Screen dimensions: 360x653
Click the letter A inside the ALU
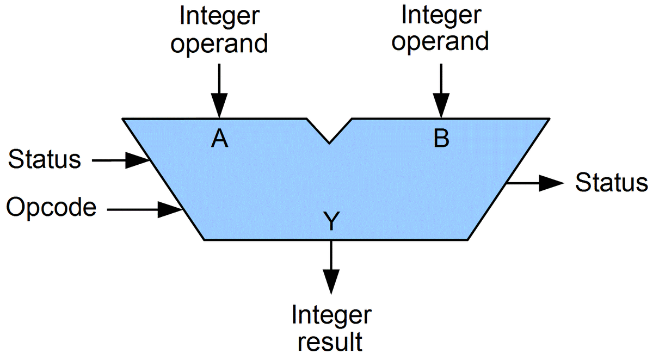[219, 140]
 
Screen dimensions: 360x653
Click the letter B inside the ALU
[441, 140]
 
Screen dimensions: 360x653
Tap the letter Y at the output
[331, 222]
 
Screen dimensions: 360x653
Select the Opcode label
[52, 207]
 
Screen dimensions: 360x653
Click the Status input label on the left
[45, 160]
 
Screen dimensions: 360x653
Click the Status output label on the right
[612, 183]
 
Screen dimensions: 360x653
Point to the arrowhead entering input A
[219, 107]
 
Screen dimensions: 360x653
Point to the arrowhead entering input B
[441, 107]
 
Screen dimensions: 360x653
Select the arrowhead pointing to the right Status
[552, 183]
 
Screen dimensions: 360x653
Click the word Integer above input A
[219, 16]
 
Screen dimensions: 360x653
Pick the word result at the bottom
[331, 342]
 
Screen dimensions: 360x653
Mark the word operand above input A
[219, 44]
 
